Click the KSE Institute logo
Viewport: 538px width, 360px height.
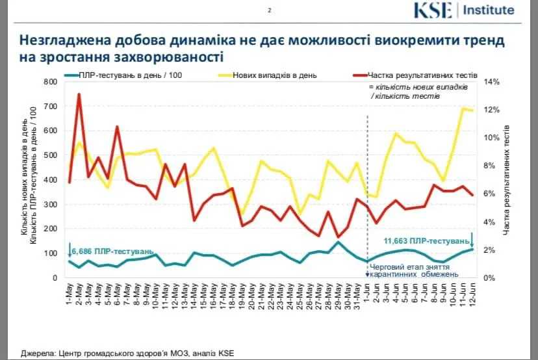tap(465, 10)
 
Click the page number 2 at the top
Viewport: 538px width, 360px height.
tap(269, 10)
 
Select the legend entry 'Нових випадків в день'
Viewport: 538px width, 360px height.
tap(276, 75)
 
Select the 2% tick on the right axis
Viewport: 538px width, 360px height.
tap(491, 250)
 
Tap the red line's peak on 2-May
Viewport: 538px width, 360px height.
tap(79, 94)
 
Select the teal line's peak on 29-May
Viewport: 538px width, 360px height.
tap(338, 242)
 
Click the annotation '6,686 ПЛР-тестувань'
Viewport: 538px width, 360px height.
tap(112, 250)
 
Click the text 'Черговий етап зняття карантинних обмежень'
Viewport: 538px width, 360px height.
tap(410, 270)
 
